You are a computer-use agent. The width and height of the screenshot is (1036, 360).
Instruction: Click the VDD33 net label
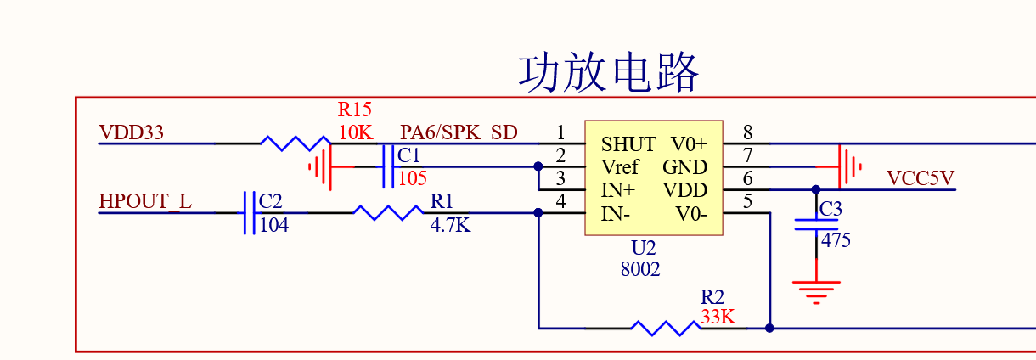pyautogui.click(x=132, y=133)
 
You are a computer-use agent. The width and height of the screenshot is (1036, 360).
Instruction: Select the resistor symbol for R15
pyautogui.click(x=295, y=143)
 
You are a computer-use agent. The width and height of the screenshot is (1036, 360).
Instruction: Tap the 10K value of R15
pyautogui.click(x=355, y=133)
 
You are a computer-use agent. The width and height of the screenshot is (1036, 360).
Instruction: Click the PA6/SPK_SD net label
pyautogui.click(x=459, y=133)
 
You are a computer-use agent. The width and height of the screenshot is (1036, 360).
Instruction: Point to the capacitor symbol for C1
pyautogui.click(x=388, y=166)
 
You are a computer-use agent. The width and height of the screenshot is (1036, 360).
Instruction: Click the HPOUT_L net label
pyautogui.click(x=145, y=202)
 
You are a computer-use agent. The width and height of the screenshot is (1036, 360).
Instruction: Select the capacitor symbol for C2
pyautogui.click(x=250, y=212)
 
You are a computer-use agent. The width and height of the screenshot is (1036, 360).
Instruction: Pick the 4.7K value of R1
pyautogui.click(x=450, y=226)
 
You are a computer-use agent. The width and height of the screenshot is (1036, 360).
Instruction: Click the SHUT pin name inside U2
pyautogui.click(x=628, y=144)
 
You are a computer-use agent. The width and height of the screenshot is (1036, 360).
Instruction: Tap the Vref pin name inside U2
pyautogui.click(x=620, y=167)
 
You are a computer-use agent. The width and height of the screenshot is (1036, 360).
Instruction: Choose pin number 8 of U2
pyautogui.click(x=747, y=132)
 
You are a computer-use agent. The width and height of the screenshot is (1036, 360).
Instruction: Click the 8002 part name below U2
pyautogui.click(x=640, y=270)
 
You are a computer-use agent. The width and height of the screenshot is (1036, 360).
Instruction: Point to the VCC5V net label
pyautogui.click(x=921, y=178)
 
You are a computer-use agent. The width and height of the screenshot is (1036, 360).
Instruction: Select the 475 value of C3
pyautogui.click(x=836, y=240)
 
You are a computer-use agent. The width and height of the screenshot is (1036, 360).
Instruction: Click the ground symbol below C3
pyautogui.click(x=816, y=292)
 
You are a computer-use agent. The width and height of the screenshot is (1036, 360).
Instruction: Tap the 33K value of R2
pyautogui.click(x=718, y=318)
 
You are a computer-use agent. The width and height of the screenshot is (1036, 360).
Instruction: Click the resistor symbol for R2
pyautogui.click(x=665, y=327)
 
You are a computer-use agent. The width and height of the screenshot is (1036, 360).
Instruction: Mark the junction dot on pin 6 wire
pyautogui.click(x=815, y=189)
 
